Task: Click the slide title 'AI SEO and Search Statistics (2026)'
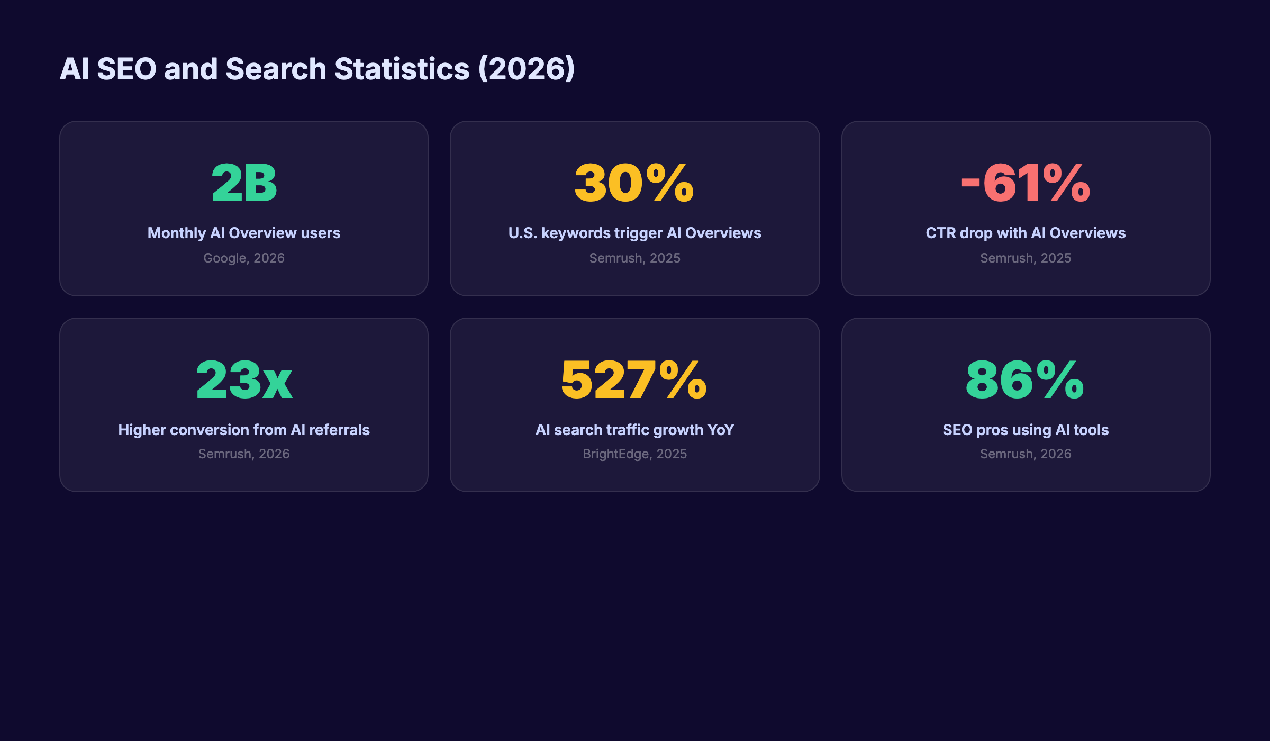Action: (x=316, y=69)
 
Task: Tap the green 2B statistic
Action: (x=244, y=183)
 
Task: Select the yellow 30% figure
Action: (x=634, y=183)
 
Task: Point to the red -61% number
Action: (x=1026, y=183)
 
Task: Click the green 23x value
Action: (x=244, y=379)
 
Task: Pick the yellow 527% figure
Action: (x=634, y=379)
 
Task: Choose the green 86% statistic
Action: (x=1025, y=379)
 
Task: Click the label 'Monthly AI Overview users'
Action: (x=244, y=233)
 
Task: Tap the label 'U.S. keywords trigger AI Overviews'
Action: (x=634, y=233)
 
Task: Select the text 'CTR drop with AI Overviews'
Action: (x=1026, y=233)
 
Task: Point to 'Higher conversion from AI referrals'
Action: (x=244, y=430)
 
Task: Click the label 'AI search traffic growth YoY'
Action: (x=634, y=430)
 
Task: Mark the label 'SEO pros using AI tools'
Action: (x=1026, y=430)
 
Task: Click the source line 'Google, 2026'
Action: (x=244, y=258)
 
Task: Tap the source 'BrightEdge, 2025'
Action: (x=634, y=454)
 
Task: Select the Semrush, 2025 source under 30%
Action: (x=634, y=258)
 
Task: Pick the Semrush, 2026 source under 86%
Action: (x=1026, y=454)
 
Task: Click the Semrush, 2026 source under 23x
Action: (x=244, y=454)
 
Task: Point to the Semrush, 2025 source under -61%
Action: (x=1026, y=258)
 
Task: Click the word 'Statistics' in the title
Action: (x=402, y=69)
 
